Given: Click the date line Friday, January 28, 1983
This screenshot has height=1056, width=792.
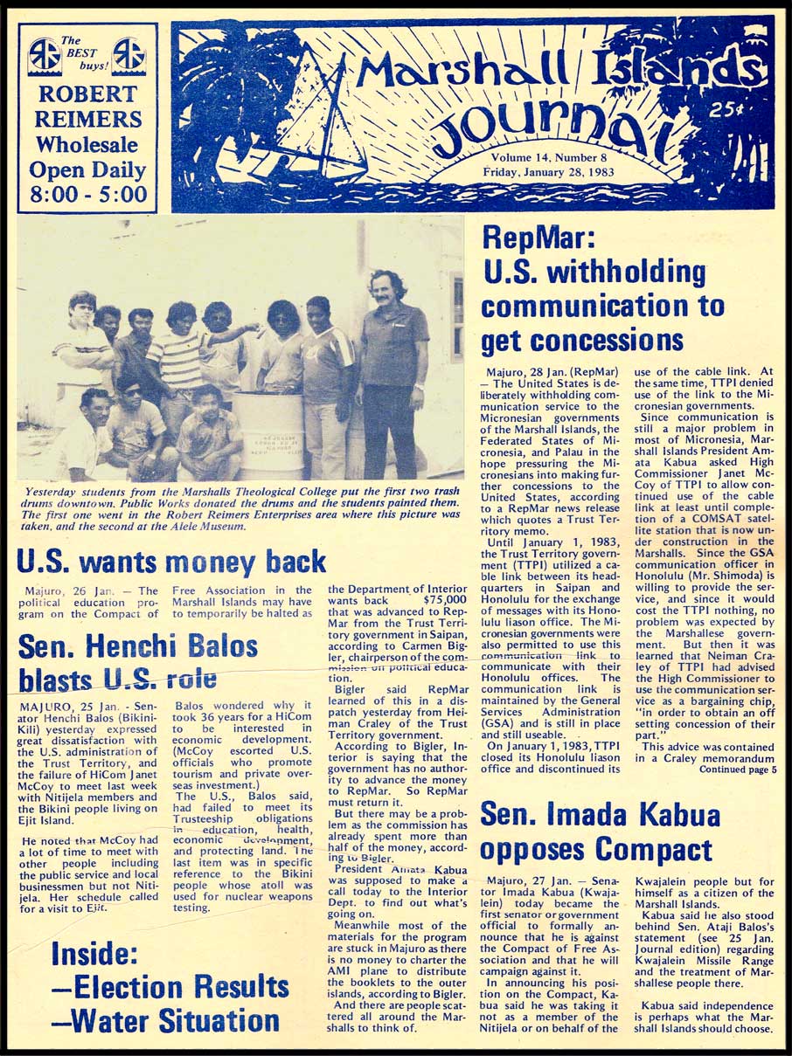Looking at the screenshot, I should point(548,172).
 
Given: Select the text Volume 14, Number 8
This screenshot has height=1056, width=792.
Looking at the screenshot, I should point(548,157).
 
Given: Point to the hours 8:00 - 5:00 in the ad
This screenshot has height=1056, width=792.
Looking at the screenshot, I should point(87,193).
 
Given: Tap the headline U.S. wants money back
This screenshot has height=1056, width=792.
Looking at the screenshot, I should point(171,561).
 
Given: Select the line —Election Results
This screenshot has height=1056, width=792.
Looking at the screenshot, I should point(170,987).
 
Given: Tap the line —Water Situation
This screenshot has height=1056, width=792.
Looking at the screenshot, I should point(165,1019).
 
